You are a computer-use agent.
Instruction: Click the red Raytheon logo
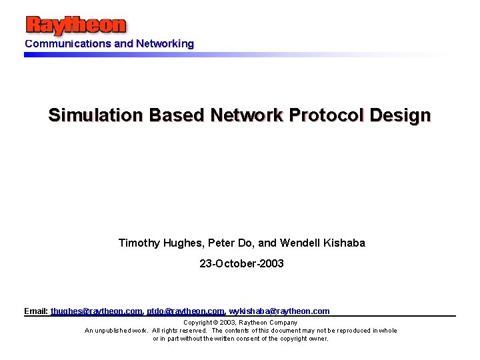click(75, 25)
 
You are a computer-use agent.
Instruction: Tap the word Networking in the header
click(165, 44)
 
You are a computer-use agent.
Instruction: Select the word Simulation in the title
click(95, 115)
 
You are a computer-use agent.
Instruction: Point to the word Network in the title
click(247, 115)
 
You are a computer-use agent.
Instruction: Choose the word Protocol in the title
click(326, 115)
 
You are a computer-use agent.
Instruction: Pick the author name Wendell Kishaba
click(323, 243)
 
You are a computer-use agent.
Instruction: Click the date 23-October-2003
click(241, 264)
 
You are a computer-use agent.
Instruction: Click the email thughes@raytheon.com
click(97, 311)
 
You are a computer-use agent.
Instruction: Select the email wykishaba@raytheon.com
click(279, 311)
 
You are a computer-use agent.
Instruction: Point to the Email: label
click(36, 311)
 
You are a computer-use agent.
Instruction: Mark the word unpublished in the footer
click(111, 331)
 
